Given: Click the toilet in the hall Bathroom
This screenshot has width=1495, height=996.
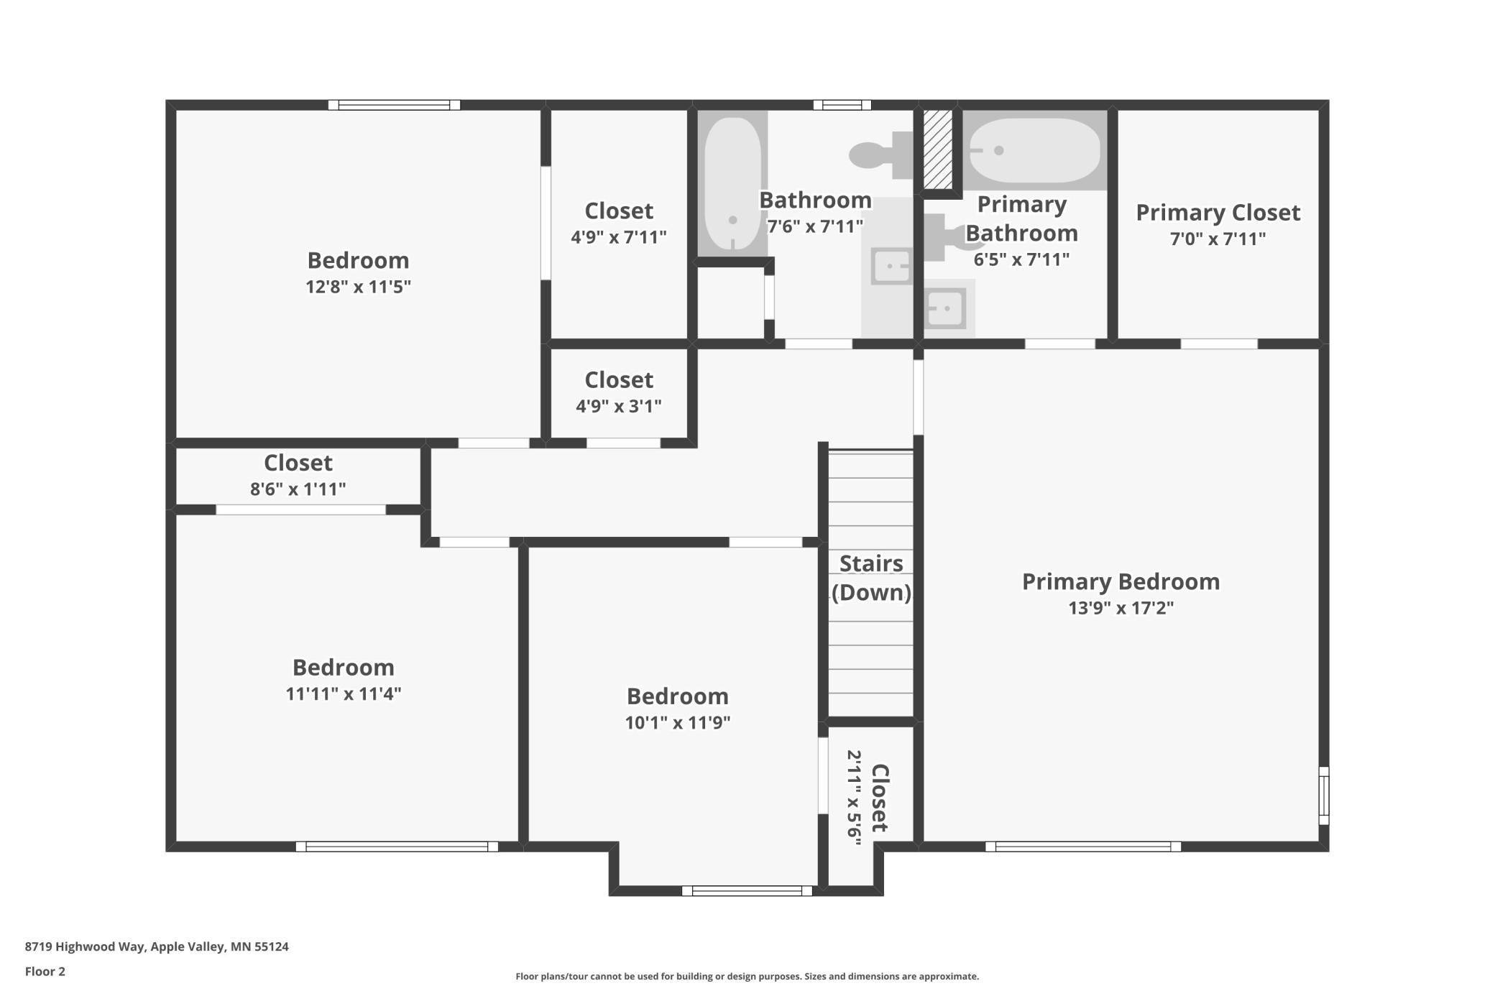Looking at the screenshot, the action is click(880, 155).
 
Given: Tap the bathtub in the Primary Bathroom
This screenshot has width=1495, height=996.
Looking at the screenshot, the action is click(1034, 150).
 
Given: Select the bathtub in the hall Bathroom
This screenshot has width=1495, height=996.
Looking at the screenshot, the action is click(732, 183).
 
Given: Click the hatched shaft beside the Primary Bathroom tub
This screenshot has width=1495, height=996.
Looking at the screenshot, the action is click(937, 149).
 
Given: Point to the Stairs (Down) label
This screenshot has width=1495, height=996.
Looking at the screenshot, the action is click(871, 578).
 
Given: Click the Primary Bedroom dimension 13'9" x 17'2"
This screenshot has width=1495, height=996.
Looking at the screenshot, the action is click(1121, 608).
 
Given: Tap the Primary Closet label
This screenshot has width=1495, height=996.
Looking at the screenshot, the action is click(1218, 213).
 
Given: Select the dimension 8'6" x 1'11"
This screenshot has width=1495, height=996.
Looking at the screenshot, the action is click(298, 489).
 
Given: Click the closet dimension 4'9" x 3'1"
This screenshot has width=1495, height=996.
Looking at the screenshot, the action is click(618, 406).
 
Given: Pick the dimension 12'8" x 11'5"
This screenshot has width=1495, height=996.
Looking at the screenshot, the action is click(358, 287).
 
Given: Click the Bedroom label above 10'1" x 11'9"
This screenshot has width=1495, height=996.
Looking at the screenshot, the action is click(677, 696).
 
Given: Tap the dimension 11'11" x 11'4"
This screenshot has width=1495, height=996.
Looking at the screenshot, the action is click(343, 693).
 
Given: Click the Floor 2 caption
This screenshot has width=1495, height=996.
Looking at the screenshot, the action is click(45, 972).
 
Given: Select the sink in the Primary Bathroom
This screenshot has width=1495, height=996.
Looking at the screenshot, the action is click(946, 309).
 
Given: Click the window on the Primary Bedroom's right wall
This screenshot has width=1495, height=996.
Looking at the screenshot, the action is click(1324, 796).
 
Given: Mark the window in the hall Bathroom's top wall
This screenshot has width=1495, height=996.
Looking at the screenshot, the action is click(842, 105).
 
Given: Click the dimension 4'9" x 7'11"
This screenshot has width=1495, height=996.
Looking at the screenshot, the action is click(618, 237).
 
